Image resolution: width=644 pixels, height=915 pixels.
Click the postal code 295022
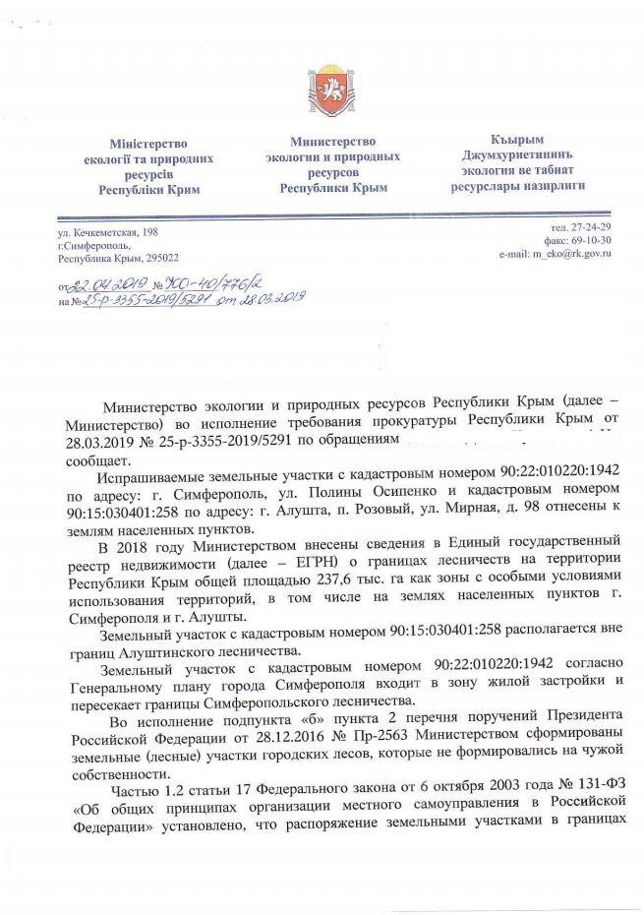pos(158,258)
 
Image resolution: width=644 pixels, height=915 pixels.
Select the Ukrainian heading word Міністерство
pos(148,144)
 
